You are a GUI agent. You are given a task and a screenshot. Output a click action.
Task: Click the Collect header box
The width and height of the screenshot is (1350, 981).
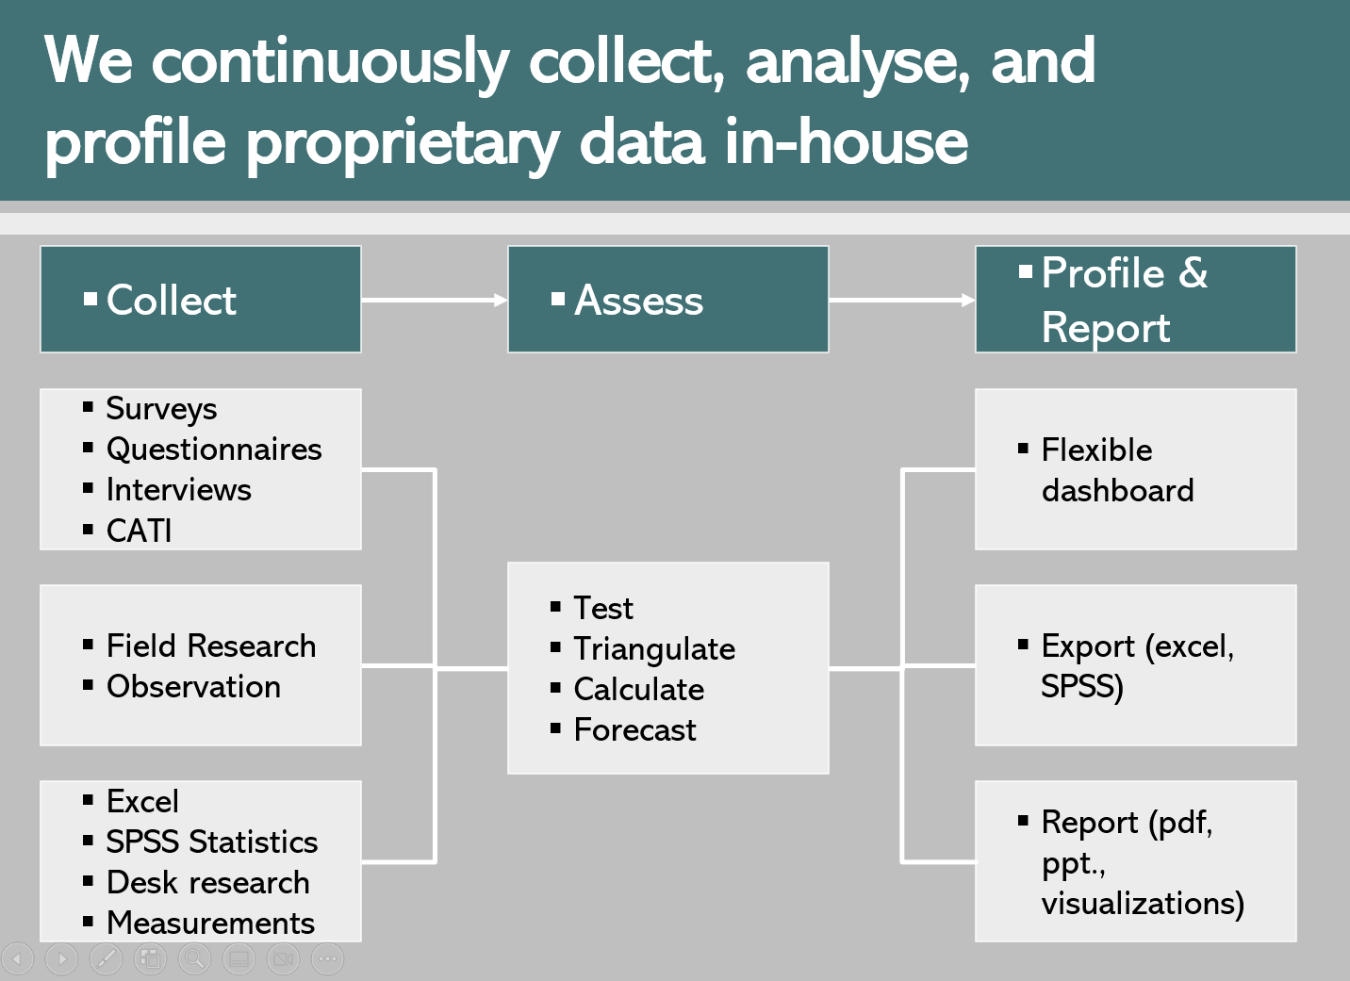200,300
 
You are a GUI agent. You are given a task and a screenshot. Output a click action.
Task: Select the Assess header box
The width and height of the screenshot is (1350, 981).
667,300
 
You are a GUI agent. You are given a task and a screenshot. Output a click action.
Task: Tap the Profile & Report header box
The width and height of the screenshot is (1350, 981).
1135,300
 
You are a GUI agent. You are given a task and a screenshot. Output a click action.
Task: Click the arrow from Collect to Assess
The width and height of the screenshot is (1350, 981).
434,301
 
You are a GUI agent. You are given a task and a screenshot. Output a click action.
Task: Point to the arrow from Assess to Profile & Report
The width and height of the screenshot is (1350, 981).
901,301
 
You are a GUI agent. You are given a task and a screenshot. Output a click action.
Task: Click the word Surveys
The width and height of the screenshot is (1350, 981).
161,409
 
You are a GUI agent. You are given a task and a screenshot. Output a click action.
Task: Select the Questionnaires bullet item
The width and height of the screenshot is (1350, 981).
214,450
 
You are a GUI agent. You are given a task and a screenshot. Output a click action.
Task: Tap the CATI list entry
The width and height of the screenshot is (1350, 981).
139,531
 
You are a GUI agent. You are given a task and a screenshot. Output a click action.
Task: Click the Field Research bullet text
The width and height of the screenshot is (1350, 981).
211,646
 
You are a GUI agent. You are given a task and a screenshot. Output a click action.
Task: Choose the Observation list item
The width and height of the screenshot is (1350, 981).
193,687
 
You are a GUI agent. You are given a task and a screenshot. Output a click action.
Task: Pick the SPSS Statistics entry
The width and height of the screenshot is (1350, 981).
212,842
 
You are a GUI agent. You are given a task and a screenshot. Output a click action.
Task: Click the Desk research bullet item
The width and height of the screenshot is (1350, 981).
207,882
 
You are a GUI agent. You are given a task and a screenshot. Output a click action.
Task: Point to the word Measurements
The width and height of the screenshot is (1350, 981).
210,923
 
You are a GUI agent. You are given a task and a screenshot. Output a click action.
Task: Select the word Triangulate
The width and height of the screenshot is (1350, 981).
654,649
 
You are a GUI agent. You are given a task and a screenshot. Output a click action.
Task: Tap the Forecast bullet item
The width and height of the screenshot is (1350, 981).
634,730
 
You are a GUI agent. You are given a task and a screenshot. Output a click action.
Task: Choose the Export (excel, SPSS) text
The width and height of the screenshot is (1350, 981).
1136,666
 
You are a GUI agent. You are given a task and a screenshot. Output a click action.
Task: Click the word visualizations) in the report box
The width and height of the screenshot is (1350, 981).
1143,904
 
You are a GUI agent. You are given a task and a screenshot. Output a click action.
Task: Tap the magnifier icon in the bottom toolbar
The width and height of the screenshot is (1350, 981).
194,959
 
